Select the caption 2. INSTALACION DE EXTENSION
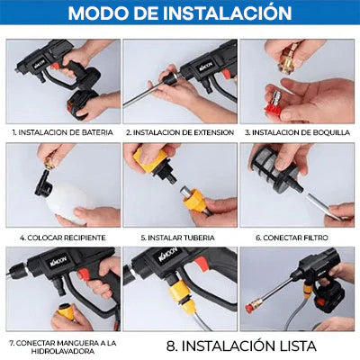coord(180,130)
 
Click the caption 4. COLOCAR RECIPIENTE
coord(62,238)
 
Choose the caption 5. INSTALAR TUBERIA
coord(180,238)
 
